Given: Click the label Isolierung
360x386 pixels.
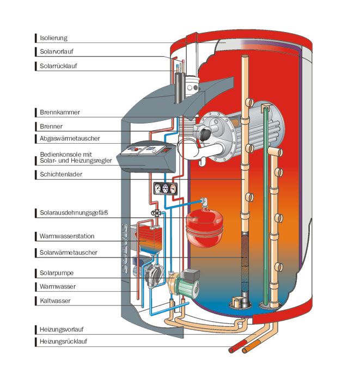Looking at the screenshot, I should tap(53, 39).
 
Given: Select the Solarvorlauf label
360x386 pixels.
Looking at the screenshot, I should tap(57, 52).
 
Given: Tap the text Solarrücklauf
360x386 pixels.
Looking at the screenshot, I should tap(58, 66).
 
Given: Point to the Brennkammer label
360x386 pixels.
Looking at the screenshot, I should tap(60, 112).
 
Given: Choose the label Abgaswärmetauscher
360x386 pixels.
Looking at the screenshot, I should tap(69, 138).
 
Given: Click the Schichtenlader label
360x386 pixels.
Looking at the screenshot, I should tap(62, 175).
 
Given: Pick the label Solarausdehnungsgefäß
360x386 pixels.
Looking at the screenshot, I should tap(74, 212).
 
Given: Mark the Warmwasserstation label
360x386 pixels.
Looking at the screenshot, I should tap(67, 236).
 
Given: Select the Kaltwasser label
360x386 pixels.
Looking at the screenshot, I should tap(55, 300).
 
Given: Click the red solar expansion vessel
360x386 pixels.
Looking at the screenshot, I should tap(202, 224).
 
